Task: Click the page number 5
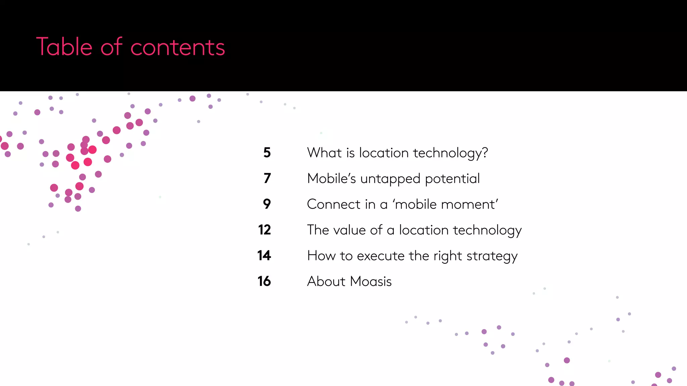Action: pos(267,153)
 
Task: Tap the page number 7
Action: pos(267,178)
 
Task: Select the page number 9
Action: pos(267,204)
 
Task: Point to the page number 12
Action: pos(264,230)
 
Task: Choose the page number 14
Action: pos(264,256)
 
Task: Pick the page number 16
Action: pos(264,281)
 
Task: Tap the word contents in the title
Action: pos(177,47)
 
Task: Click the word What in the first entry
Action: pos(324,153)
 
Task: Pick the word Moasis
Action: pos(371,281)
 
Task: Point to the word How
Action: pos(321,256)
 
